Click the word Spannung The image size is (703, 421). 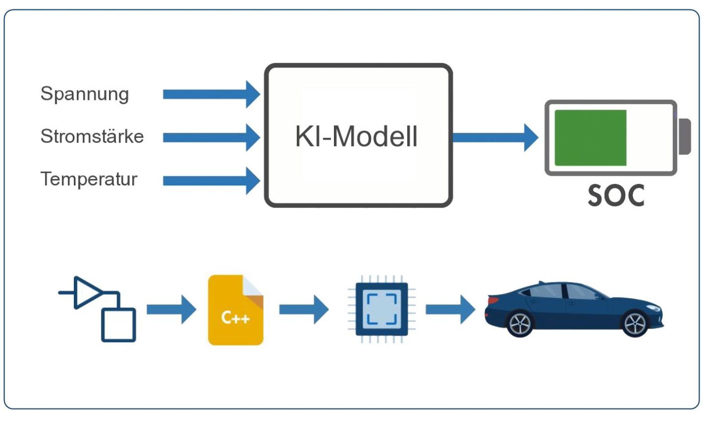pos(84,94)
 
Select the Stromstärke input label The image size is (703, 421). pos(92,137)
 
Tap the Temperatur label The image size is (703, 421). pos(89,179)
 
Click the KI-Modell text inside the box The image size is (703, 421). pos(356,137)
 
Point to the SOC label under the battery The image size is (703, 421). pos(616,196)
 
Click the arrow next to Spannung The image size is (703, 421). pos(211,94)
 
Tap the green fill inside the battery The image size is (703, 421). pos(590,138)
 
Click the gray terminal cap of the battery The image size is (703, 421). pos(684,137)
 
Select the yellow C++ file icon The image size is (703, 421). pos(236,310)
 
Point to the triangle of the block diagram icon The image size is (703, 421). pos(86,292)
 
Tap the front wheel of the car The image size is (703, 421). pos(635,323)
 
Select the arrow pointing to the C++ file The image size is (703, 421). pos(171,309)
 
